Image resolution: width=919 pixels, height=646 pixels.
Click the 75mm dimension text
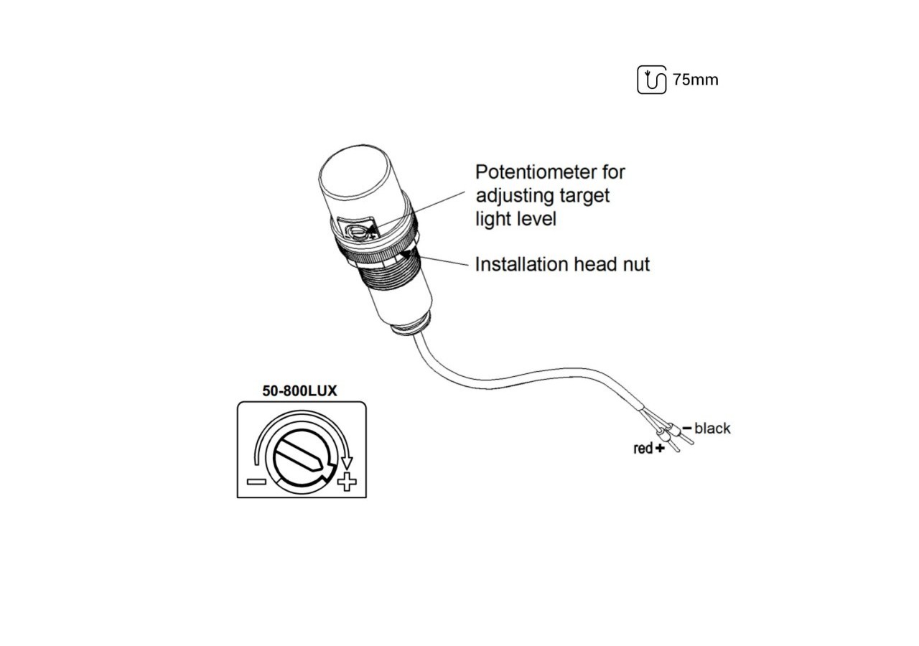pos(695,80)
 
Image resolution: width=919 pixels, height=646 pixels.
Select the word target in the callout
pos(582,195)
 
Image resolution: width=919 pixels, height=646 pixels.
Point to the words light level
pos(516,219)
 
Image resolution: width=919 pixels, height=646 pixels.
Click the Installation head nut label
pos(562,264)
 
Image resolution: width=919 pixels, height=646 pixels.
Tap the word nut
pos(634,265)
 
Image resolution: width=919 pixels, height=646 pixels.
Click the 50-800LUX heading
pos(302,391)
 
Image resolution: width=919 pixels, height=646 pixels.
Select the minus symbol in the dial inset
pos(256,481)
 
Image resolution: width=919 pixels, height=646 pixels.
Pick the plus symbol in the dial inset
pos(347,482)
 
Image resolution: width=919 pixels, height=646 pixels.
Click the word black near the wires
pos(712,429)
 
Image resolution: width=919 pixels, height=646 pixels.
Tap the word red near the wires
pos(643,449)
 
